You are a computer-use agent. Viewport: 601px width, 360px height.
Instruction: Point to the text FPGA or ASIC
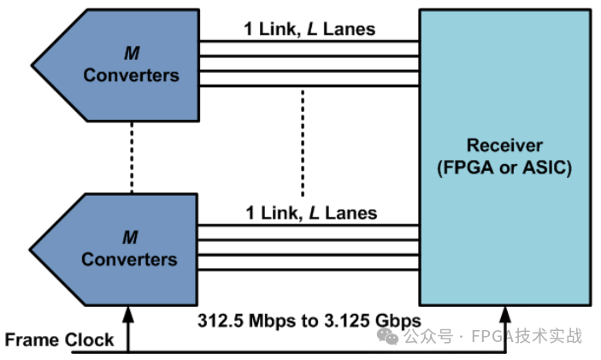point(507,167)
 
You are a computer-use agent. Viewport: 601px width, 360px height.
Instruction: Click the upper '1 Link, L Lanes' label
point(310,29)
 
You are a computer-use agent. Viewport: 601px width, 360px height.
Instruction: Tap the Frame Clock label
point(59,339)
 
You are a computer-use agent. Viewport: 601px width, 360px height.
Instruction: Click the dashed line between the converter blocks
point(132,156)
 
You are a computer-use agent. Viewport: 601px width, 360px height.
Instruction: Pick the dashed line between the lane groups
point(302,140)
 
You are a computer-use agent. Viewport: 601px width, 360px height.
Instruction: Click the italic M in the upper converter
point(132,53)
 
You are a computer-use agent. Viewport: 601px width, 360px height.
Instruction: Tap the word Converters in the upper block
point(131,75)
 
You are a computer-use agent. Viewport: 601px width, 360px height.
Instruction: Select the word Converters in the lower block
point(130,259)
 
